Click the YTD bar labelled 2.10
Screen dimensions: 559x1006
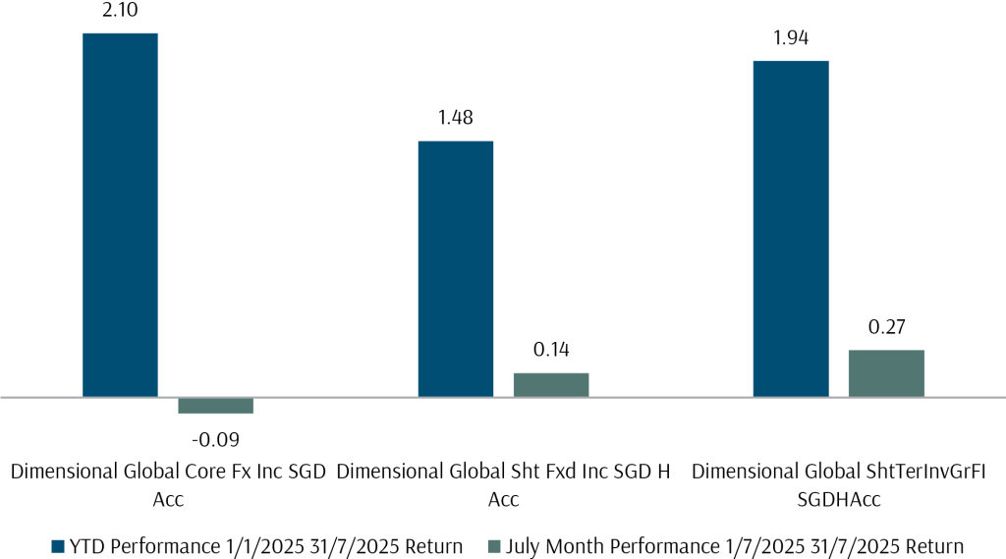coord(120,215)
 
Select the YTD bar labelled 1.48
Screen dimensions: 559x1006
coord(456,269)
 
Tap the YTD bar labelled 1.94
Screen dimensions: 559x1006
coord(791,229)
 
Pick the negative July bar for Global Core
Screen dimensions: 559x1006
coord(215,406)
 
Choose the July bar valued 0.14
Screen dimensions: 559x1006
coord(551,385)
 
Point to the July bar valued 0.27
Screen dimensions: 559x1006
coord(886,373)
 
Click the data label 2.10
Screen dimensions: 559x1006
coord(120,12)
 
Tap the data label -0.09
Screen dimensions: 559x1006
coord(215,438)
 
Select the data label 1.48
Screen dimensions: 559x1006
coord(456,119)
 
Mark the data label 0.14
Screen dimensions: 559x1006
coord(551,351)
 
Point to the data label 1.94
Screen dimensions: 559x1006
coord(791,38)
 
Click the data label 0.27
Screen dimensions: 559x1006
coord(886,327)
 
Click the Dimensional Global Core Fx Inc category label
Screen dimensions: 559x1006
coord(168,484)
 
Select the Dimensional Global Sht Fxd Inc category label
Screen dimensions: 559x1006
coord(503,484)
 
